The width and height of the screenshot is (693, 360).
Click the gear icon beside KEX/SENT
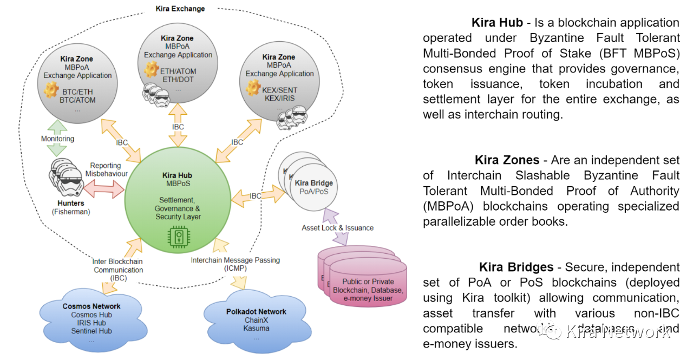253,87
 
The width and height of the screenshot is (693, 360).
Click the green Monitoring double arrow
57,139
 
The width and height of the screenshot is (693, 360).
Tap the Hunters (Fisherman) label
71,207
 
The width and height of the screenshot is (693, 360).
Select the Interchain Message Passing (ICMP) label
235,264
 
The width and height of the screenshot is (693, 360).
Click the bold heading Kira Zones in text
507,160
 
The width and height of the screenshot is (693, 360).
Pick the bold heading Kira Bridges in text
515,267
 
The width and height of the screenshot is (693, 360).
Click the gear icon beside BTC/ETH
51,89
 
